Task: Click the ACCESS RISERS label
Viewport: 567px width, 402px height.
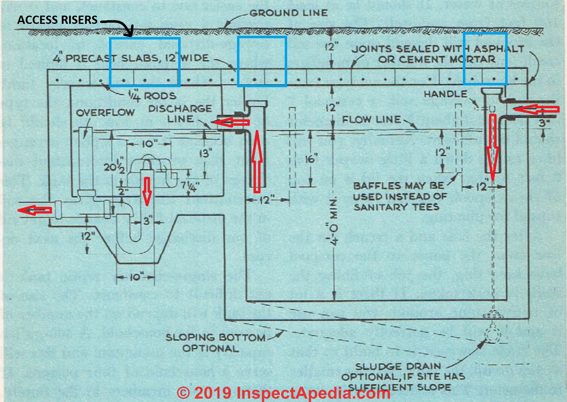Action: [57, 20]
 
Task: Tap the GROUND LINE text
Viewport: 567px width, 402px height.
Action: [288, 13]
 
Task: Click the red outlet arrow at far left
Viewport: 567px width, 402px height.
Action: [35, 210]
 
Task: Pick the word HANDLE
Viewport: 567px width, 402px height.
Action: [445, 94]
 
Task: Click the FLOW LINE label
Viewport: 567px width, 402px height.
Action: [371, 119]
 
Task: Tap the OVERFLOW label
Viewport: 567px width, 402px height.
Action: [105, 113]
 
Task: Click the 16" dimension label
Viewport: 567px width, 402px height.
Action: [311, 159]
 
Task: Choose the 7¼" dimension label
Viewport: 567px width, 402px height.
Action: [190, 186]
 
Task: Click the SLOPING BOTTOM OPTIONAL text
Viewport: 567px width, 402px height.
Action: [215, 343]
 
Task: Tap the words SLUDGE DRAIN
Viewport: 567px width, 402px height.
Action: [398, 366]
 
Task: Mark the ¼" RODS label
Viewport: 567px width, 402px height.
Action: [152, 96]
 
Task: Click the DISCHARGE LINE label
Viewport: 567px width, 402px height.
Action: [180, 114]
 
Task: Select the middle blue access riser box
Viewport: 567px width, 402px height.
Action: [262, 61]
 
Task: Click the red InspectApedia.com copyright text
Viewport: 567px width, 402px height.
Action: [283, 393]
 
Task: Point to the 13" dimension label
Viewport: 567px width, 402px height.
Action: [206, 153]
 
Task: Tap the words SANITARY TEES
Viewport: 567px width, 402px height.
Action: [396, 207]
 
